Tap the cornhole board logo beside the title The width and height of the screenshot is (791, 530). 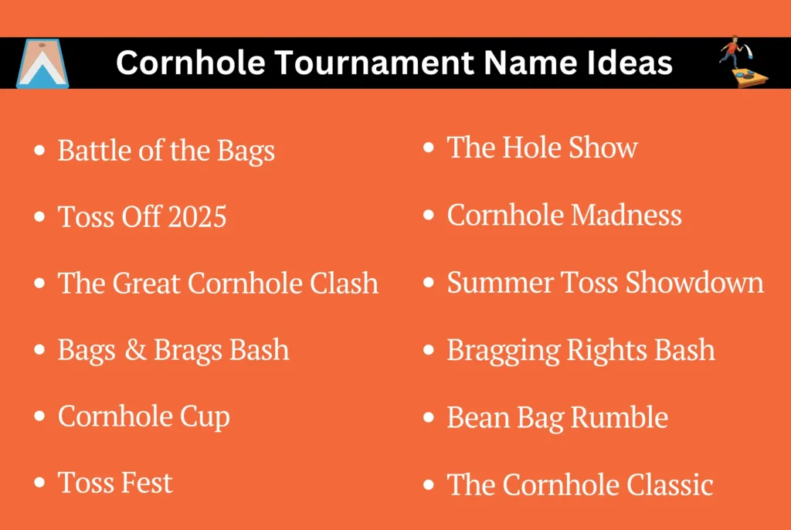42,63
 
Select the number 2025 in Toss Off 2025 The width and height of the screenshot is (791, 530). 197,217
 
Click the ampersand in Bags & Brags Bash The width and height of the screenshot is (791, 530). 135,350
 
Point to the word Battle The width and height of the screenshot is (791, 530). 94,151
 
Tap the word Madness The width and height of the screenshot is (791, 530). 626,215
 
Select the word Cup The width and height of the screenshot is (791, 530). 205,418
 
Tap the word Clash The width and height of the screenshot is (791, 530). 344,283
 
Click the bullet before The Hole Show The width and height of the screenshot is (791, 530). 429,148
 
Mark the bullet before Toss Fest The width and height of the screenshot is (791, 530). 39,483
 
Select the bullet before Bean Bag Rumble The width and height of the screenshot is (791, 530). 429,417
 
